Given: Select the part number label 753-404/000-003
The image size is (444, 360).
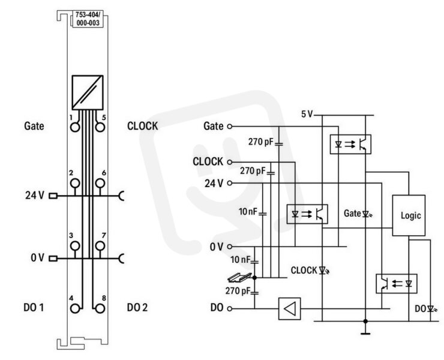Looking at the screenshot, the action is click(88, 19).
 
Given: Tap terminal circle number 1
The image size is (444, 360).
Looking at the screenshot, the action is click(75, 127).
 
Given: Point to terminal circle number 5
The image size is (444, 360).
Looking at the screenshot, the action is click(100, 127).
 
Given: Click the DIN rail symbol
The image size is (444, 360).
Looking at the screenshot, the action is click(239, 277).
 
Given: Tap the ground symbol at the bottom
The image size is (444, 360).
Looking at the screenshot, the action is click(365, 334).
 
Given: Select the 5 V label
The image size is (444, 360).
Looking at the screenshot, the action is click(307, 114).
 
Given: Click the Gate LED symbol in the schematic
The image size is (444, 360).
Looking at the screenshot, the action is click(367, 214).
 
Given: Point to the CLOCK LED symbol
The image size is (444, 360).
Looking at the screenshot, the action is click(323, 271).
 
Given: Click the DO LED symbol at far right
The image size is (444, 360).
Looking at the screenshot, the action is click(431, 308).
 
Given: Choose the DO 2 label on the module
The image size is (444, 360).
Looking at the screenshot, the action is click(137, 308).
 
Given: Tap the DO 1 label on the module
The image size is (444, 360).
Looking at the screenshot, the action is click(34, 308).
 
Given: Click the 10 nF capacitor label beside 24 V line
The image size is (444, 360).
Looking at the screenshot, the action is click(248, 212).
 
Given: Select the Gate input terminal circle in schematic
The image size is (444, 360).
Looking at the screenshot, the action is click(230, 127).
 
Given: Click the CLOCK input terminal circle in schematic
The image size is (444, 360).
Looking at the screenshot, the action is click(230, 162).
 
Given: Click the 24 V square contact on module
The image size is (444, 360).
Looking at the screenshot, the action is click(53, 196).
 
